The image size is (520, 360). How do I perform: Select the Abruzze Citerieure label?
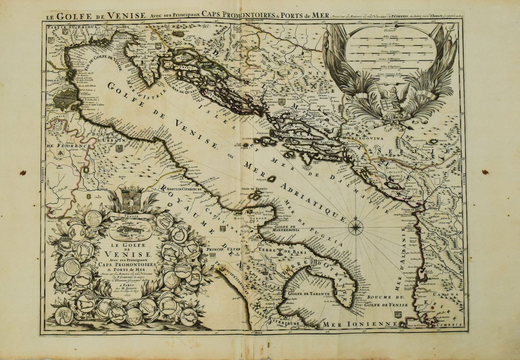tap(182, 188)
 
